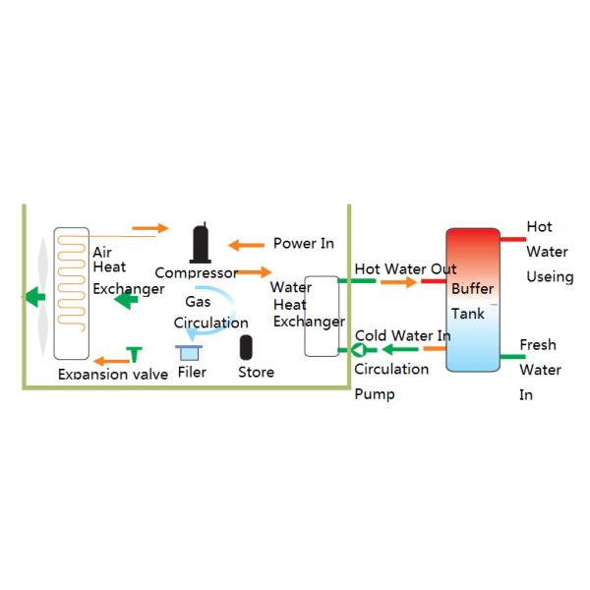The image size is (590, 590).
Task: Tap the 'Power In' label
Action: click(303, 243)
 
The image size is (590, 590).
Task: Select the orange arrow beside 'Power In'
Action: click(244, 244)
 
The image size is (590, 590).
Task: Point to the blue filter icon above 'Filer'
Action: click(188, 351)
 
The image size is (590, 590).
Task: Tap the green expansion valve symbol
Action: click(134, 352)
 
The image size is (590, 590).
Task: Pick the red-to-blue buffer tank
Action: click(472, 300)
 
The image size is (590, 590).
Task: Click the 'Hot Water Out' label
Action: click(405, 268)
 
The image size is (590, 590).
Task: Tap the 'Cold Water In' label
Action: click(403, 336)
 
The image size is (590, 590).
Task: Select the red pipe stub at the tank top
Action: click(512, 238)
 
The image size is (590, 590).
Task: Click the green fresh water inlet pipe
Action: click(510, 356)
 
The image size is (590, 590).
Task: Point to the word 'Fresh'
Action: click(537, 345)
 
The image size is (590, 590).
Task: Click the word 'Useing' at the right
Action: click(550, 277)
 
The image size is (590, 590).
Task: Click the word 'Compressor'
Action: click(196, 272)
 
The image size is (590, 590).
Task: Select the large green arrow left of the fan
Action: click(36, 295)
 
